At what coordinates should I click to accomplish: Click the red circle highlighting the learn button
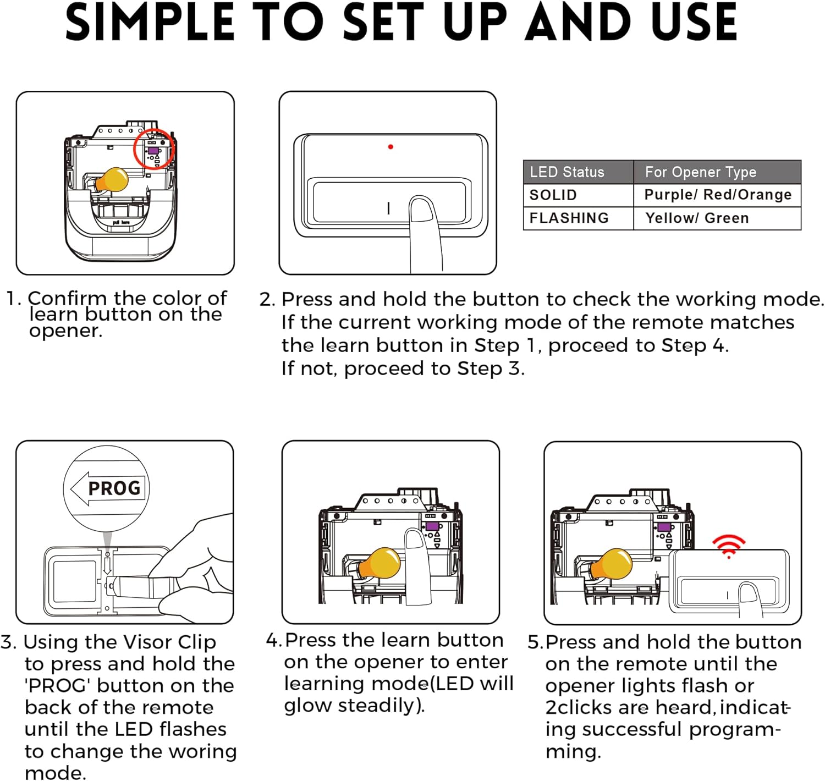point(153,149)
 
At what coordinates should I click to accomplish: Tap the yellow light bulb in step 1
point(112,180)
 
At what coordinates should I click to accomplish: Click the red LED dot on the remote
point(391,147)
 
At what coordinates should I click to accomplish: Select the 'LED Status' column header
point(567,172)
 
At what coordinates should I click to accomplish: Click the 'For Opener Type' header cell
point(701,172)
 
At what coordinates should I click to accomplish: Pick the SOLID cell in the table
point(553,195)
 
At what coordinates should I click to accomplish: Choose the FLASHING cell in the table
point(569,218)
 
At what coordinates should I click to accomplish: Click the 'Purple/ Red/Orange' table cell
point(718,195)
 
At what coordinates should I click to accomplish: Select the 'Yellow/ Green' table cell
point(697,218)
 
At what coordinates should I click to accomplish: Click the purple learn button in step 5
point(664,527)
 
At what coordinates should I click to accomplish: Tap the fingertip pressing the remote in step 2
point(422,209)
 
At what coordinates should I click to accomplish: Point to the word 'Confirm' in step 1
point(67,298)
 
